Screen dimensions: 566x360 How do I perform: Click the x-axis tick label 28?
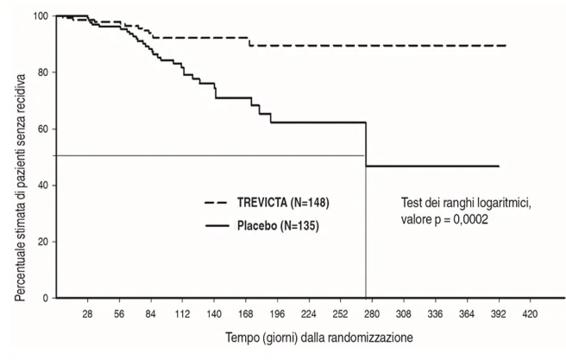(x=87, y=314)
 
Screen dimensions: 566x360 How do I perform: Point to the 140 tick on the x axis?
(x=214, y=314)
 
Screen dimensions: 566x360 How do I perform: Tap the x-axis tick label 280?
(x=372, y=314)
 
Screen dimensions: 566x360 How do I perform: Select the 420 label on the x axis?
(x=530, y=314)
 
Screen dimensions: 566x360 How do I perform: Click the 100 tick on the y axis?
(x=41, y=16)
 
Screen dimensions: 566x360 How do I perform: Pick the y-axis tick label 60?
(x=43, y=129)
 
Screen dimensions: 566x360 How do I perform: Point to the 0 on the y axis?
(x=46, y=298)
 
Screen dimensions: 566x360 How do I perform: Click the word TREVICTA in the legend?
(x=262, y=203)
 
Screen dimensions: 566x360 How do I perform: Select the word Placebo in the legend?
(x=257, y=225)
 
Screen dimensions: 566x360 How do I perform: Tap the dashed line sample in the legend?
(x=216, y=203)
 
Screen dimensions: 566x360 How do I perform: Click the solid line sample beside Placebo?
(x=217, y=226)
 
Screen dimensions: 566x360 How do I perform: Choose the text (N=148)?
(x=310, y=203)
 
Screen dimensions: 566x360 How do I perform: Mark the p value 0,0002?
(x=470, y=219)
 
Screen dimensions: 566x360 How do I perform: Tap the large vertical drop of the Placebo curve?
(x=366, y=144)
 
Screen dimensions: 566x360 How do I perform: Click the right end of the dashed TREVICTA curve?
(x=506, y=46)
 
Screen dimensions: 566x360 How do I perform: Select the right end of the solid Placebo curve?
(x=500, y=166)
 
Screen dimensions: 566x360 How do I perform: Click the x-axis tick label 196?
(x=277, y=314)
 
